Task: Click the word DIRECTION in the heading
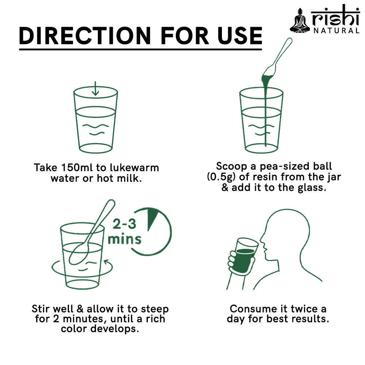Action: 85,36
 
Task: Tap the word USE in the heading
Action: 240,36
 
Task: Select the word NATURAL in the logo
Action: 337,31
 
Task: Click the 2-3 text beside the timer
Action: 124,224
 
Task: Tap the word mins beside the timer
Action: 124,239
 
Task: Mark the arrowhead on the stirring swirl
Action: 107,262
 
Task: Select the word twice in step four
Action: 304,309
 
